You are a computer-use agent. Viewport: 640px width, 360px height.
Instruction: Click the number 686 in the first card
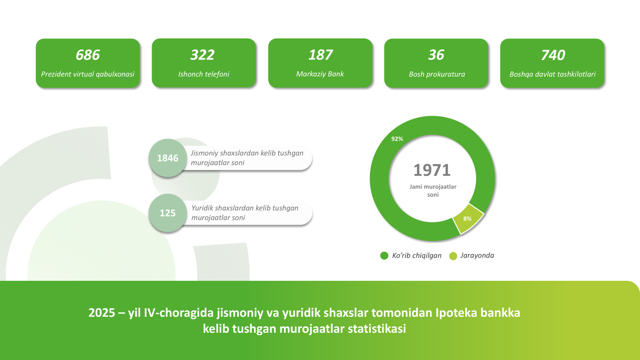[88, 55]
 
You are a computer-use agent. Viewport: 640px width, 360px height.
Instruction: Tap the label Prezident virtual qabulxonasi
[88, 74]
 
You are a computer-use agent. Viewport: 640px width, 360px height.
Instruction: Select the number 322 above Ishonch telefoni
[202, 55]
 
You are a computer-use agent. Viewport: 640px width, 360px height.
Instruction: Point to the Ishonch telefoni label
[204, 74]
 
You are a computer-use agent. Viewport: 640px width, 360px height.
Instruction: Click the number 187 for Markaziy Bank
[320, 55]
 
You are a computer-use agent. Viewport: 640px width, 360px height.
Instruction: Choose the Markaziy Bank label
[320, 74]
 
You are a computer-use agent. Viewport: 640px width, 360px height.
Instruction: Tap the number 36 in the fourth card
[436, 55]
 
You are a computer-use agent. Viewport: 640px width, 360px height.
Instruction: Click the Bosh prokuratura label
[437, 74]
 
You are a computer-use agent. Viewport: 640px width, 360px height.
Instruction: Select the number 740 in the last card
[553, 55]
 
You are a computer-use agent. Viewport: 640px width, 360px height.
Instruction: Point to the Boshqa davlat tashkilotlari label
[552, 74]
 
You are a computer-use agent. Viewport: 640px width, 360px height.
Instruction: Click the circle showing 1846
[168, 158]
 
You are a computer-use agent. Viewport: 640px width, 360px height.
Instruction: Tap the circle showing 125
[168, 213]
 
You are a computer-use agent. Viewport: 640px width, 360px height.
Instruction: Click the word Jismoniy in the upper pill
[204, 153]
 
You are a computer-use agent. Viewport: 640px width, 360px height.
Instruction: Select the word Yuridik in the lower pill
[202, 208]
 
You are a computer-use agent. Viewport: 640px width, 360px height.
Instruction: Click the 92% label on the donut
[397, 139]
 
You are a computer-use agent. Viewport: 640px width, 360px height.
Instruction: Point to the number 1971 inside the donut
[432, 170]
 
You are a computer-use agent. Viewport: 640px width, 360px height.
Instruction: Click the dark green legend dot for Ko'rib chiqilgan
[384, 256]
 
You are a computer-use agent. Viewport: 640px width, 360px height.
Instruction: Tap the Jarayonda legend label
[477, 256]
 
